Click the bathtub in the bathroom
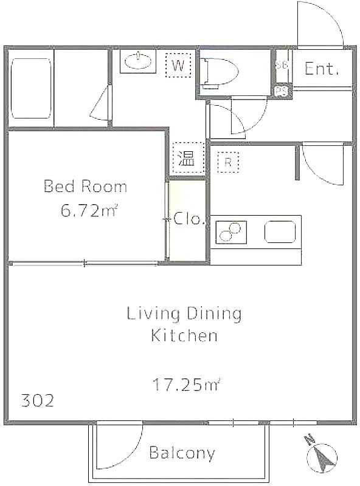[x=31, y=88]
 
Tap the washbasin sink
[x=138, y=61]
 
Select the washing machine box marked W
[x=178, y=65]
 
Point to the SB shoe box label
[x=282, y=65]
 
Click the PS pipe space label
[x=282, y=92]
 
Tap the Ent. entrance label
[x=321, y=69]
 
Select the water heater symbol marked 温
[x=189, y=158]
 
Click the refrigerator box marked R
[x=228, y=162]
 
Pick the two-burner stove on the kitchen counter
[x=231, y=232]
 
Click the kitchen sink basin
[x=280, y=231]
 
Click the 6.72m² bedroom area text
[x=89, y=211]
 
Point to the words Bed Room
[x=85, y=187]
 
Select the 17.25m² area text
[x=186, y=385]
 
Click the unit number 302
[x=38, y=400]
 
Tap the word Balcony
[x=182, y=453]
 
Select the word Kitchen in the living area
[x=184, y=335]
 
